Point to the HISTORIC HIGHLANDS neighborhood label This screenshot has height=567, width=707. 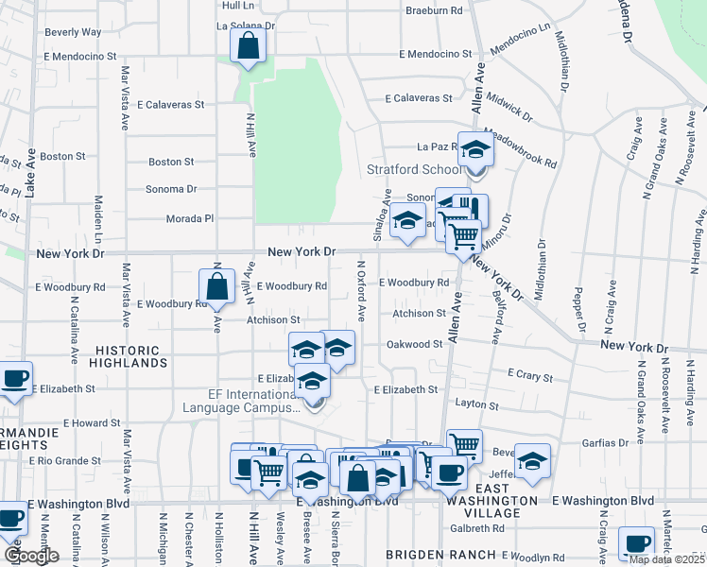click(x=131, y=355)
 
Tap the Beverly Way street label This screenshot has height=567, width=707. click(x=73, y=31)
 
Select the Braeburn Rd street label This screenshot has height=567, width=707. click(x=434, y=10)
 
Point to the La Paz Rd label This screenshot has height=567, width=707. click(x=438, y=146)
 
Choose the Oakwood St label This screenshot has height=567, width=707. click(x=415, y=345)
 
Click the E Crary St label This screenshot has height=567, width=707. click(x=529, y=376)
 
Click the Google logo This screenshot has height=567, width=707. click(x=31, y=556)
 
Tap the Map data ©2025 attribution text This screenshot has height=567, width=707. click(x=664, y=559)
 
